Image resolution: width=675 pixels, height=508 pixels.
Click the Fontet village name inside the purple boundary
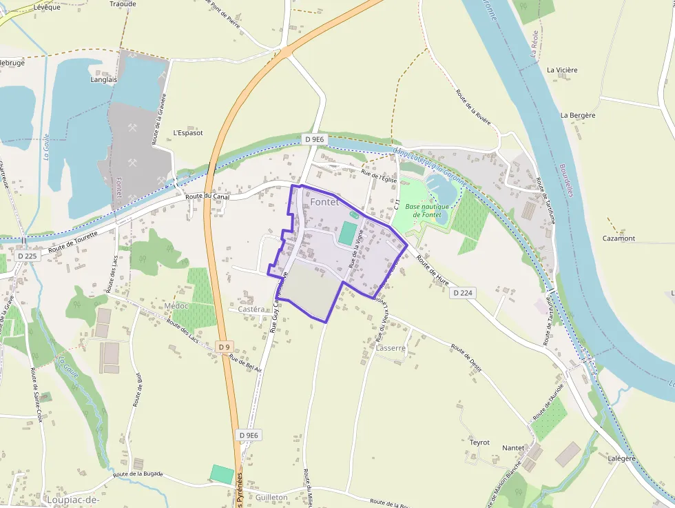(324, 202)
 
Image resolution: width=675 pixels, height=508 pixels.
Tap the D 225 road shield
(28, 256)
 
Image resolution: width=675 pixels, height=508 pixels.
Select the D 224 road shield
(464, 293)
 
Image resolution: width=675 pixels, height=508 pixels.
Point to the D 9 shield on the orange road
(224, 347)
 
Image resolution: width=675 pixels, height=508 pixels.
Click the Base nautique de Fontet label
(427, 210)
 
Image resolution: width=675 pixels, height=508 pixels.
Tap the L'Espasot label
(188, 132)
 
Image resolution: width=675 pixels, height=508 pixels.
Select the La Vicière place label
(562, 70)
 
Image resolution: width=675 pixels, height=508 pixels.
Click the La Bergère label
(577, 115)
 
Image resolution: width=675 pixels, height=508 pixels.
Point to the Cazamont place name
(619, 238)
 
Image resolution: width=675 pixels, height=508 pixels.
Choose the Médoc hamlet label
(176, 305)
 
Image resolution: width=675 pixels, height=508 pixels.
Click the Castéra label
(251, 309)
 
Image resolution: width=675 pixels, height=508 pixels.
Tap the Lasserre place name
(391, 348)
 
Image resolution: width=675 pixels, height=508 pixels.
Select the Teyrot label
(479, 442)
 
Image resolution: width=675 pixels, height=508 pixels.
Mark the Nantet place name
(513, 447)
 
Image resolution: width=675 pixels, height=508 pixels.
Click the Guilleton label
(271, 497)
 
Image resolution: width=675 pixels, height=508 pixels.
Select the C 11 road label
(397, 205)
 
